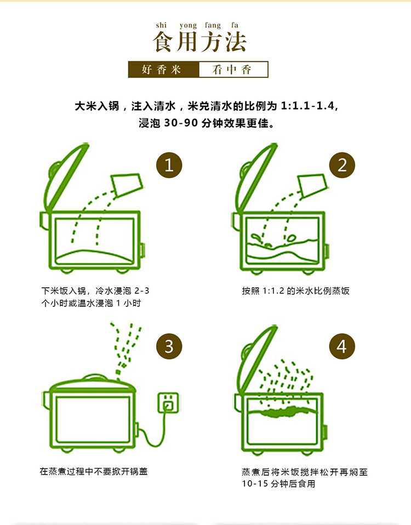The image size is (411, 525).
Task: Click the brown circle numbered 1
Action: (x=169, y=165)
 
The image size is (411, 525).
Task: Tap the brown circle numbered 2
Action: (x=342, y=165)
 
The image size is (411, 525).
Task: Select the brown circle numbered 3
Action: (x=169, y=346)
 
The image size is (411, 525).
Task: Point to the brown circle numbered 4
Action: (x=342, y=346)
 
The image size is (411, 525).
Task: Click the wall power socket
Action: (x=168, y=403)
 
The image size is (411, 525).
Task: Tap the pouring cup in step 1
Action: (x=127, y=185)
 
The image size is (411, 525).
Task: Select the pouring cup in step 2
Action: (x=312, y=185)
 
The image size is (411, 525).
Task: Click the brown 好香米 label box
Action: (x=164, y=69)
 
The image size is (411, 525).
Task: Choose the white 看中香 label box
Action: (x=233, y=70)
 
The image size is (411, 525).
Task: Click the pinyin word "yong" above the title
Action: (x=188, y=25)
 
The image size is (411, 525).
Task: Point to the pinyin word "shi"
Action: (x=161, y=25)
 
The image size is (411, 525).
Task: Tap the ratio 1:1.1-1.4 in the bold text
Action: (x=307, y=106)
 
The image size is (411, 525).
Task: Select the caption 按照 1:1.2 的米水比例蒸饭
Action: (x=295, y=290)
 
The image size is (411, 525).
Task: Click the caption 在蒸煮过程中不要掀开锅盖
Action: (x=94, y=471)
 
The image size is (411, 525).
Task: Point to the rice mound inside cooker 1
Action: (x=95, y=256)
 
